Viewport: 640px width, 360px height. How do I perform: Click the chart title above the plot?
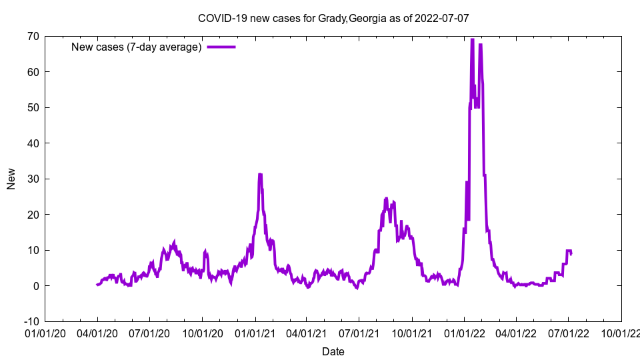point(333,18)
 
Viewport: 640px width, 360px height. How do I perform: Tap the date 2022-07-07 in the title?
point(441,18)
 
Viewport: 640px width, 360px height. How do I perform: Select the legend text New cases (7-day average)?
point(137,47)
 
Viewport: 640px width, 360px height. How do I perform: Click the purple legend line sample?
point(221,47)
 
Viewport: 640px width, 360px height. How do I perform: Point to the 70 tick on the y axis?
point(33,36)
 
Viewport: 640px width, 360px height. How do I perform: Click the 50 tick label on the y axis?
point(33,107)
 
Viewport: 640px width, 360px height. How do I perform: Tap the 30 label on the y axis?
point(33,179)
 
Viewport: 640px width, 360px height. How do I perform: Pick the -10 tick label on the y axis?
point(30,321)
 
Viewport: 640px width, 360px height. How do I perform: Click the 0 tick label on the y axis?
point(35,285)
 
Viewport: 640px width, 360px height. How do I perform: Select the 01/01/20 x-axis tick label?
point(45,333)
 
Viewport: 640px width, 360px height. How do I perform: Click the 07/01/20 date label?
point(149,333)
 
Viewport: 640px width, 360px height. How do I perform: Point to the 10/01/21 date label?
point(412,333)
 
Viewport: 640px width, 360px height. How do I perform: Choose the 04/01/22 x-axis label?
point(516,333)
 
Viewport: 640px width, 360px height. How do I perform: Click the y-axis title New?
point(11,179)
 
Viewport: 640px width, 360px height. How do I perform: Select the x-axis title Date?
point(333,351)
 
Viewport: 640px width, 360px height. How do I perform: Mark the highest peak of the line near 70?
point(472,39)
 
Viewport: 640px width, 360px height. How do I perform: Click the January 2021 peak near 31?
point(260,175)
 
